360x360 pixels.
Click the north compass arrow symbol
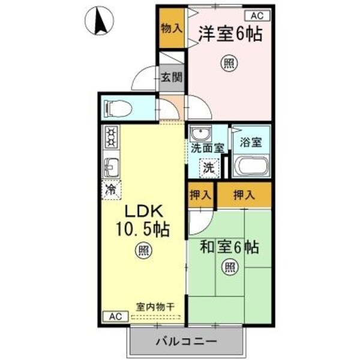click(101, 22)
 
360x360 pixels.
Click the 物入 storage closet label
click(172, 28)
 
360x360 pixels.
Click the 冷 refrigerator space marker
click(111, 190)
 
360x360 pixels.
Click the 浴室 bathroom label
click(251, 143)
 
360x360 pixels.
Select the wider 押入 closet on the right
click(244, 195)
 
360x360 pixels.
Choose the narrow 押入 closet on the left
click(200, 195)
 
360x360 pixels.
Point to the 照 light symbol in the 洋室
click(227, 61)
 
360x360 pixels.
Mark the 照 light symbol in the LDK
click(142, 251)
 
